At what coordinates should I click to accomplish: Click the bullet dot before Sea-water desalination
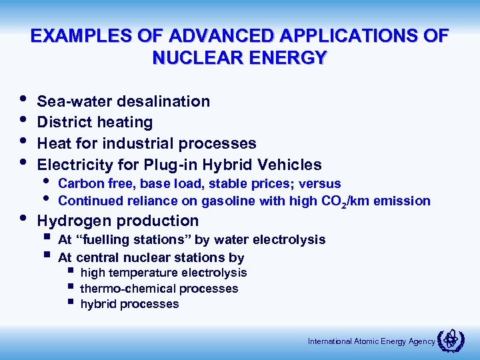[x=23, y=101]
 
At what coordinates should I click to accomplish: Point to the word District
[x=65, y=123]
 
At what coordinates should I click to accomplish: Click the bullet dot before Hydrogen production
[x=23, y=219]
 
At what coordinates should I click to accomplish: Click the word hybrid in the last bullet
[x=97, y=304]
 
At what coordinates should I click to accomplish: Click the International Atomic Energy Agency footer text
[x=371, y=341]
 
